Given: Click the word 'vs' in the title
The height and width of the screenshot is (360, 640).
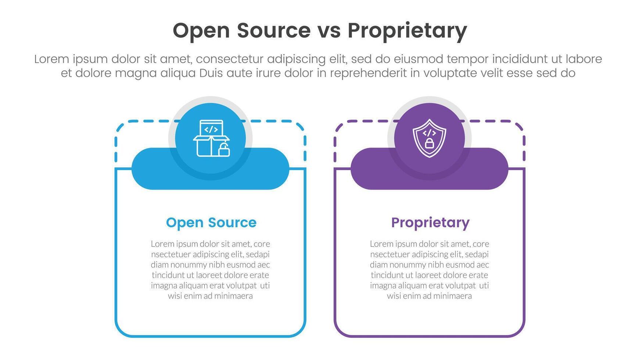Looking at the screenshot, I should coord(329,30).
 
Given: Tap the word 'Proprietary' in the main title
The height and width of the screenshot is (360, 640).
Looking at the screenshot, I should coord(407,31).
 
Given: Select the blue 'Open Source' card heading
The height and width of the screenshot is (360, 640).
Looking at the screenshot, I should coord(211,223).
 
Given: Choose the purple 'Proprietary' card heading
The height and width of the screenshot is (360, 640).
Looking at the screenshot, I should coord(430,223).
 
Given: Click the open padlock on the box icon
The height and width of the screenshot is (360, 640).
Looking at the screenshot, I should coord(224,150).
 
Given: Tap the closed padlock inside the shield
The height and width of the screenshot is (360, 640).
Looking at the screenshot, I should coord(429,143).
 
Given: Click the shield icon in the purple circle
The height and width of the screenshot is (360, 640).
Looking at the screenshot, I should coord(429,138).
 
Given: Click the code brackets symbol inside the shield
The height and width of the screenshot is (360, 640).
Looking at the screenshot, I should coord(429,132).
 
